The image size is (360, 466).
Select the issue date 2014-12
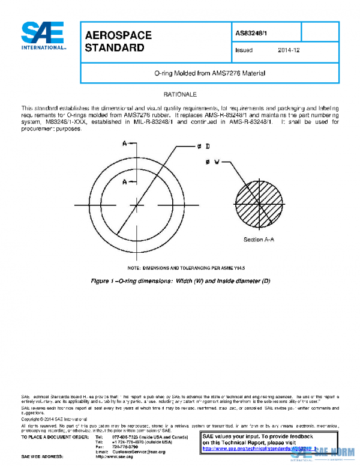pyautogui.click(x=289, y=50)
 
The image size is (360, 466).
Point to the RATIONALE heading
pyautogui.click(x=180, y=95)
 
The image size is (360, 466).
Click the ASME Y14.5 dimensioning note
pyautogui.click(x=180, y=267)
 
